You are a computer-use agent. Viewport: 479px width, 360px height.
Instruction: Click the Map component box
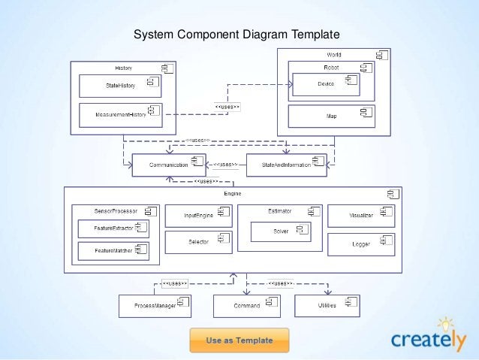[x=331, y=116]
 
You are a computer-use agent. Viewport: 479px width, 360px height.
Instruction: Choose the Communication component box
[x=168, y=165]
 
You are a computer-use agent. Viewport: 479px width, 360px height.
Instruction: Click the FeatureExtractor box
[x=113, y=228]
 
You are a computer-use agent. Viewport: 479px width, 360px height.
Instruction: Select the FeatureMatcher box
[x=113, y=250]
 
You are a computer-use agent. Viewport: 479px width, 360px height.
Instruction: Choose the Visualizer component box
[x=360, y=215]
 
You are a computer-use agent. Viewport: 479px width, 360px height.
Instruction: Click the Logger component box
[x=360, y=244]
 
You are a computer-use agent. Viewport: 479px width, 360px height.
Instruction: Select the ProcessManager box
[x=155, y=306]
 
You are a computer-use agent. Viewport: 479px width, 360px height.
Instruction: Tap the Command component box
[x=246, y=306]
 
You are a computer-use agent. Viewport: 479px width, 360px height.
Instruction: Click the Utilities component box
[x=327, y=306]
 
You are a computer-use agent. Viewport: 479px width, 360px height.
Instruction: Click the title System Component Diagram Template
[x=236, y=35]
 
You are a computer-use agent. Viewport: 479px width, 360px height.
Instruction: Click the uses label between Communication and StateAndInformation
[x=224, y=165]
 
